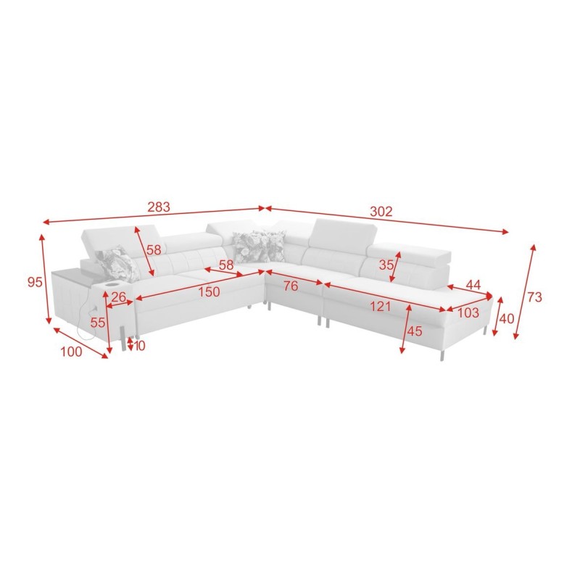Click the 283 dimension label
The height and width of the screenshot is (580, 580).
(159, 207)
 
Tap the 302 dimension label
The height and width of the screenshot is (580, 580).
(381, 212)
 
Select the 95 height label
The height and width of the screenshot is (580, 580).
(35, 283)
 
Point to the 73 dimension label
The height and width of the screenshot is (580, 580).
(534, 297)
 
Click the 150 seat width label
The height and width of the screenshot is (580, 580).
(209, 292)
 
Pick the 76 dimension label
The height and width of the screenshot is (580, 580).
(291, 286)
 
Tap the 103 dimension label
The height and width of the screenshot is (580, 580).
(468, 313)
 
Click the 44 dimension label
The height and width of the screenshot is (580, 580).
(473, 285)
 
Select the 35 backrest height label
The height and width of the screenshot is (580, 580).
(386, 265)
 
